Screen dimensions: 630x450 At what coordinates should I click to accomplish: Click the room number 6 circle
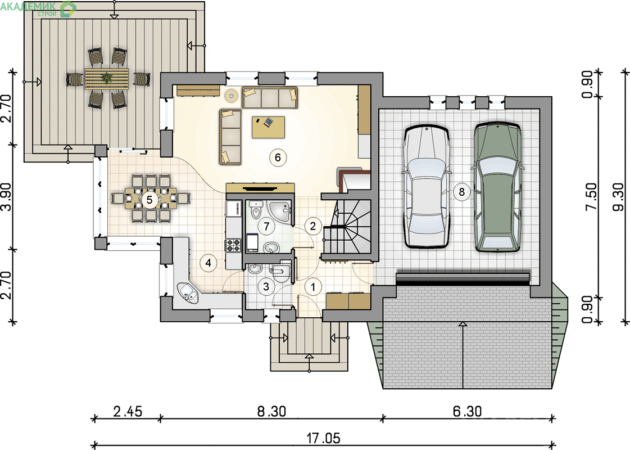coord(278,157)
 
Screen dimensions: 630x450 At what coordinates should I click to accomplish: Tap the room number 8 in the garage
coord(461,192)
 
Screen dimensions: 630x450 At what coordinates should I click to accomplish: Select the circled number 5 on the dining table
coord(149,200)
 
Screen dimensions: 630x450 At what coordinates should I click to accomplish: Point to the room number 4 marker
coord(208,263)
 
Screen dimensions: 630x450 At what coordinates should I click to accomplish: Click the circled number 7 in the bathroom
coord(266,227)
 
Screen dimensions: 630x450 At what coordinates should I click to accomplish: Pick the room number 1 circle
coord(314,287)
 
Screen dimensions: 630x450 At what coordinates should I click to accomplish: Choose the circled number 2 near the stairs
coord(314,226)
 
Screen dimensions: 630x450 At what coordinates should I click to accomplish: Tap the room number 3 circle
coord(266,286)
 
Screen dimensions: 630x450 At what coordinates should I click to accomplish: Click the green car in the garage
coord(498,186)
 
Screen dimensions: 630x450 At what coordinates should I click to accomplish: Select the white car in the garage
coord(427,187)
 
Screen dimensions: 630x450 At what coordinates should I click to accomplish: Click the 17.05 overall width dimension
coord(324,438)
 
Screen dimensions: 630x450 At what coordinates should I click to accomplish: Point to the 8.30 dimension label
coord(271,412)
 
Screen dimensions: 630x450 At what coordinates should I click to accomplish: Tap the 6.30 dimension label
coord(467,411)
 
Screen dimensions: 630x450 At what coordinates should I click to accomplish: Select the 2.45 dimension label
coord(128,412)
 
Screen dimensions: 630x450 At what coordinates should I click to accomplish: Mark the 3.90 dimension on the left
coord(7,197)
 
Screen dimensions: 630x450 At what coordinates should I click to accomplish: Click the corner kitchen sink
coord(187,292)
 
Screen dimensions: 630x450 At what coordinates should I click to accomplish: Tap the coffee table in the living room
coord(269,127)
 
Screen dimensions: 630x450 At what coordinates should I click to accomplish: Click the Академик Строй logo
coord(38,8)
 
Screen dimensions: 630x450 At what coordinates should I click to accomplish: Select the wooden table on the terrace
coord(107,78)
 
